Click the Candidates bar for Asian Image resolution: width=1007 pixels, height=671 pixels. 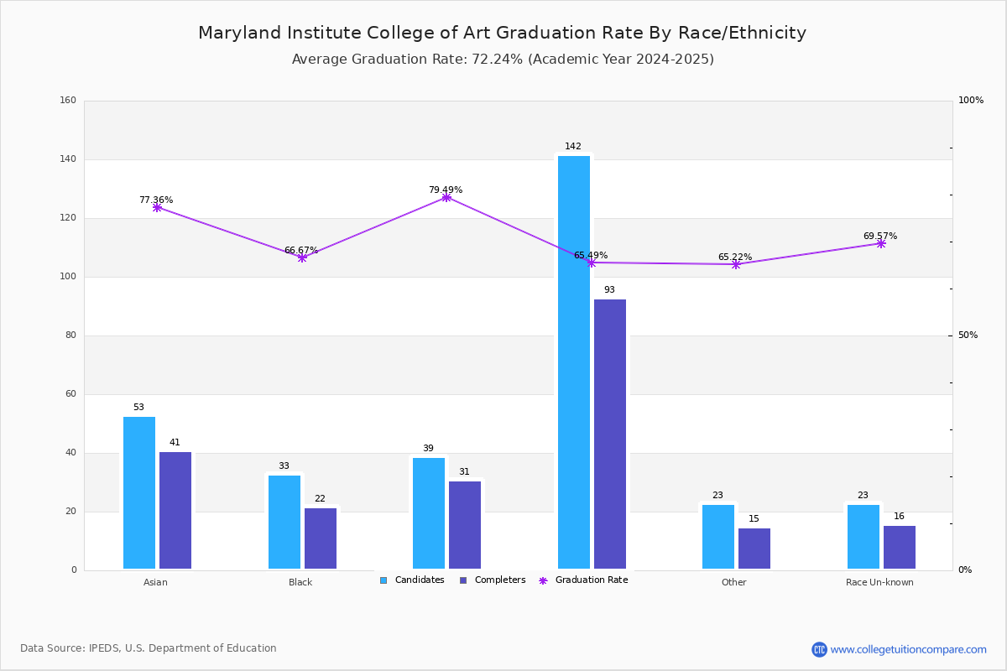tap(139, 493)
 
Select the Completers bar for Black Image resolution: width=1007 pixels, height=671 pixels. tap(321, 538)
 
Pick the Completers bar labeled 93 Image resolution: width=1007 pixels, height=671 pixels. tap(610, 434)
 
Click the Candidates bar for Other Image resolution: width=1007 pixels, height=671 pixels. tap(718, 537)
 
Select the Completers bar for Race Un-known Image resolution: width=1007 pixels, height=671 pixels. tap(900, 547)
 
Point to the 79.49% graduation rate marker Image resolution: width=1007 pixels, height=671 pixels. tap(446, 197)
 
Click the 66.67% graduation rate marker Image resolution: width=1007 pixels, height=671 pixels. tap(302, 257)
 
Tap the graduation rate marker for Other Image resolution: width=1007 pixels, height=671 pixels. tap(736, 264)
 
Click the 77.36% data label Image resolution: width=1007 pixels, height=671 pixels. tap(156, 200)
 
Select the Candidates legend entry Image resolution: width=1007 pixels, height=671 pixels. tap(412, 580)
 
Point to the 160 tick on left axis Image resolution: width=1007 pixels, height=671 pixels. tap(68, 101)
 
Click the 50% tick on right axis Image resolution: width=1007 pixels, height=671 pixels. tap(968, 335)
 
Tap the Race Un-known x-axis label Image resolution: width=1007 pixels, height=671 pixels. tap(879, 582)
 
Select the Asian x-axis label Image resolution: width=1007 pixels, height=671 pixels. tap(155, 582)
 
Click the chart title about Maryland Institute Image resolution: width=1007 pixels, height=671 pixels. tap(502, 33)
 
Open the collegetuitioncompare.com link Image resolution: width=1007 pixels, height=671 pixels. tap(908, 649)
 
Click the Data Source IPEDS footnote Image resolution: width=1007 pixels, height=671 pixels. tap(149, 648)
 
